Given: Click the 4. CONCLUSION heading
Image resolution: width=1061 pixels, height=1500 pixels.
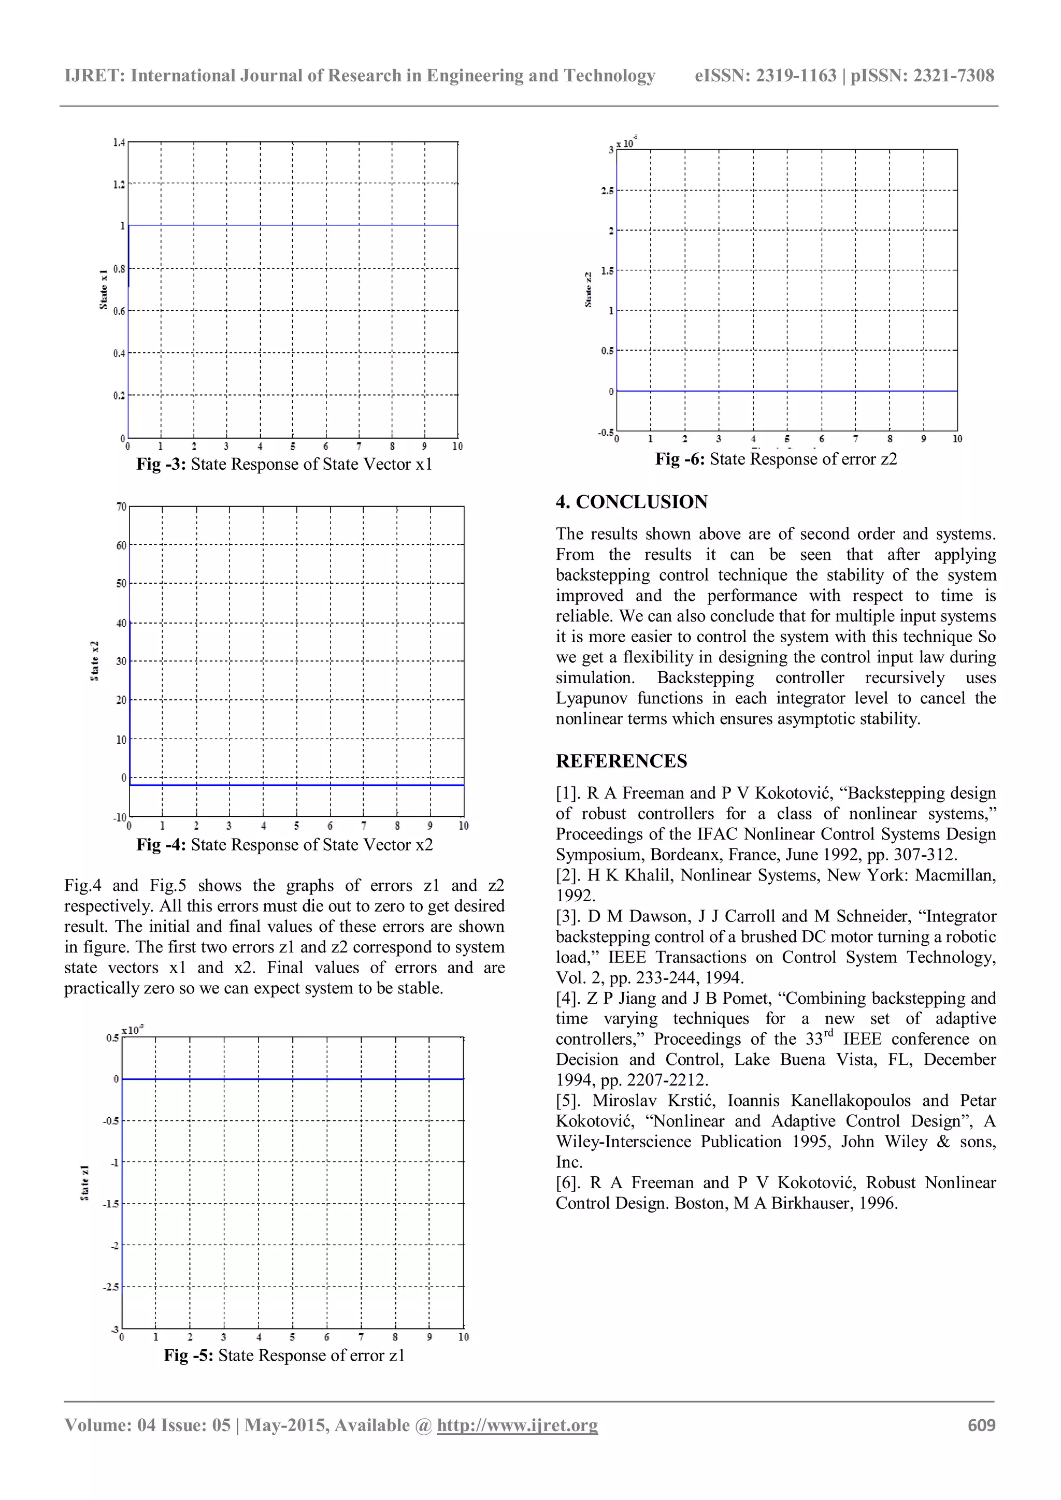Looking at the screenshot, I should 631,502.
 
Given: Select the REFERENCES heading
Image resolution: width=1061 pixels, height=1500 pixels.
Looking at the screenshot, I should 621,760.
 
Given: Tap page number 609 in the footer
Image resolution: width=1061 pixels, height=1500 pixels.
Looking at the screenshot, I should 981,1425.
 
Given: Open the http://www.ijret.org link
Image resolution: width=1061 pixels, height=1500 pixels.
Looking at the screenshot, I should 517,1425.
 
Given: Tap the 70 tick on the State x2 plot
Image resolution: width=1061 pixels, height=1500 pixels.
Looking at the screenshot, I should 122,507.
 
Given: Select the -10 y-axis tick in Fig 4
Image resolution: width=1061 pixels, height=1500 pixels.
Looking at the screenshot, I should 120,817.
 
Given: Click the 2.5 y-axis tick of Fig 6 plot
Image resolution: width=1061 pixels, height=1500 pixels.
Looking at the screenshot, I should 608,191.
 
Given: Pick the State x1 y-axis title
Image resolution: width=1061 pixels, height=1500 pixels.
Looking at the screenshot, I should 103,290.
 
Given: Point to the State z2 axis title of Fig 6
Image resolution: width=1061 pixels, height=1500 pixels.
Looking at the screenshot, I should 588,290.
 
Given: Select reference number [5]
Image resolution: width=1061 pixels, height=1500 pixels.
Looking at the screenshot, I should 568,1101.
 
